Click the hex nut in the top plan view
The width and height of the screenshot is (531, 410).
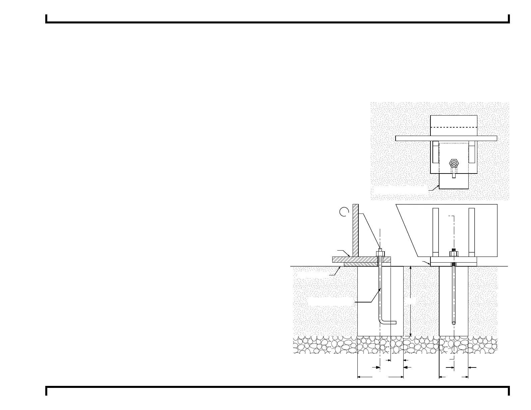[x=454, y=163]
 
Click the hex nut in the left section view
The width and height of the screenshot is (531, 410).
[x=380, y=254]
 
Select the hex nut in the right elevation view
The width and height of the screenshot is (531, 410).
[x=454, y=254]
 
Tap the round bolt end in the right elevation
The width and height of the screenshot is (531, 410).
[x=454, y=324]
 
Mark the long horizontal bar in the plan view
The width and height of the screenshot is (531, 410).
[x=446, y=138]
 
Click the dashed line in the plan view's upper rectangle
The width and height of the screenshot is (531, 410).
[x=454, y=128]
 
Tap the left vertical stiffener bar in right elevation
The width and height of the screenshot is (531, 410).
[x=435, y=231]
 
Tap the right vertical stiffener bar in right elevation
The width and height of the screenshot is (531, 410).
[x=472, y=231]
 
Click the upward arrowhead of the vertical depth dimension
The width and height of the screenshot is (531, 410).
[x=411, y=268]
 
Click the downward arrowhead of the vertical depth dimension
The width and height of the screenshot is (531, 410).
[x=411, y=335]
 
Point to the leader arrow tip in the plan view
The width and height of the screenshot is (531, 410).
[x=438, y=185]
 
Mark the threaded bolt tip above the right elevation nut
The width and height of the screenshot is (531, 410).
[x=454, y=249]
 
